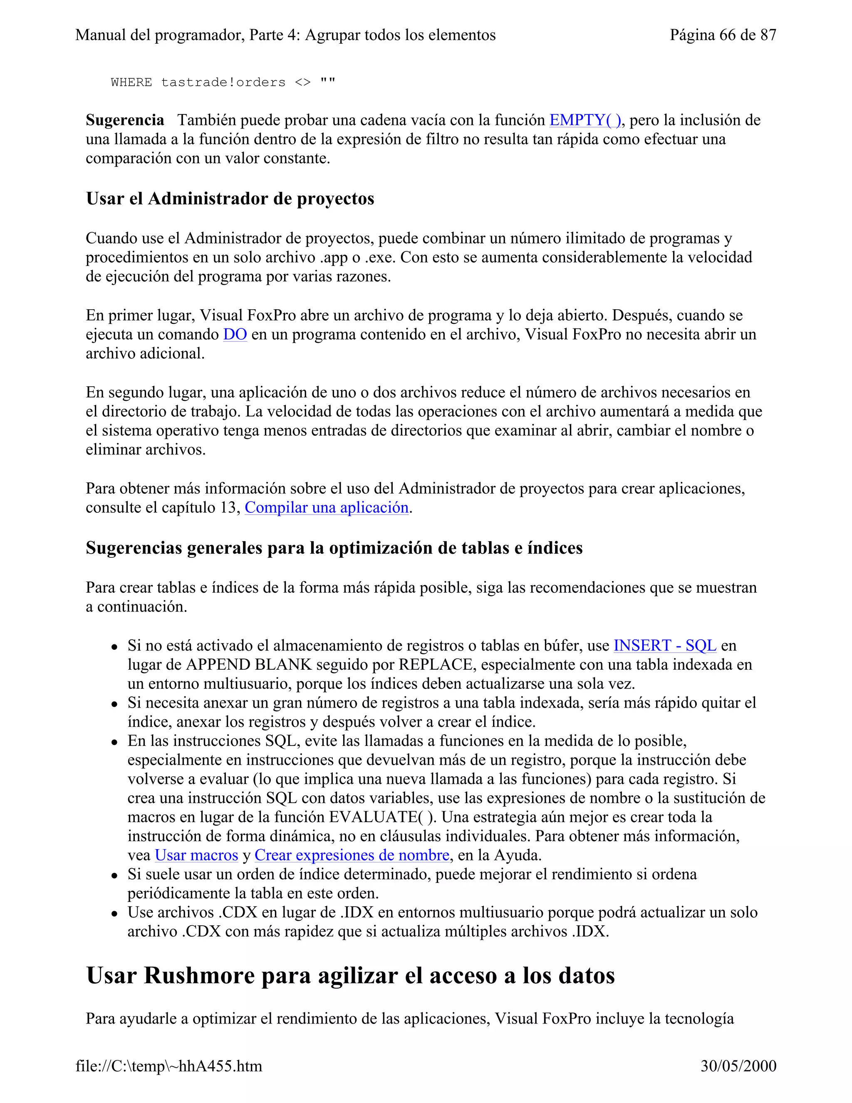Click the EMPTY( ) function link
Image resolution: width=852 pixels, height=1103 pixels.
click(x=585, y=120)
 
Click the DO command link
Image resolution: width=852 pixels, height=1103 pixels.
click(x=235, y=334)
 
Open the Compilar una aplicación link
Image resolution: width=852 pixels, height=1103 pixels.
click(x=327, y=507)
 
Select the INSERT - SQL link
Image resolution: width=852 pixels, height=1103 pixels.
click(x=665, y=646)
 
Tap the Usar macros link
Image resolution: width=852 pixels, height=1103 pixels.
click(x=196, y=855)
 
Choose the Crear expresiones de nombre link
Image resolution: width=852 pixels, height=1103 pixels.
click(x=352, y=855)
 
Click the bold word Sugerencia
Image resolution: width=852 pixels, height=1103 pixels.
click(x=125, y=120)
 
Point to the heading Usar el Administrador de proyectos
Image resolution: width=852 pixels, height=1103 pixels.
click(x=230, y=199)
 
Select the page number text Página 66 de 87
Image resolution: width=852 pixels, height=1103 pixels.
click(x=722, y=35)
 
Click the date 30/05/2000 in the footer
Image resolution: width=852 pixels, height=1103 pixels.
click(x=738, y=1066)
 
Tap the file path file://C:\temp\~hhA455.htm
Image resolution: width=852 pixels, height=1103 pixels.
click(x=168, y=1066)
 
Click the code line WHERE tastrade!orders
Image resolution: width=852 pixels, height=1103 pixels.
click(x=223, y=82)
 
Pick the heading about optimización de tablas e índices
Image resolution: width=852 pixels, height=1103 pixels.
click(x=334, y=548)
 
